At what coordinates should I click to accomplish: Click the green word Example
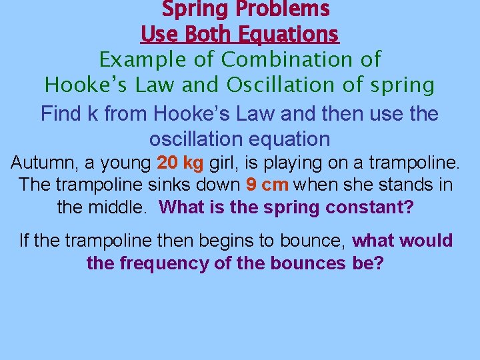coord(139,60)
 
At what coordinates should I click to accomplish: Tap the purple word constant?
coord(369,207)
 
